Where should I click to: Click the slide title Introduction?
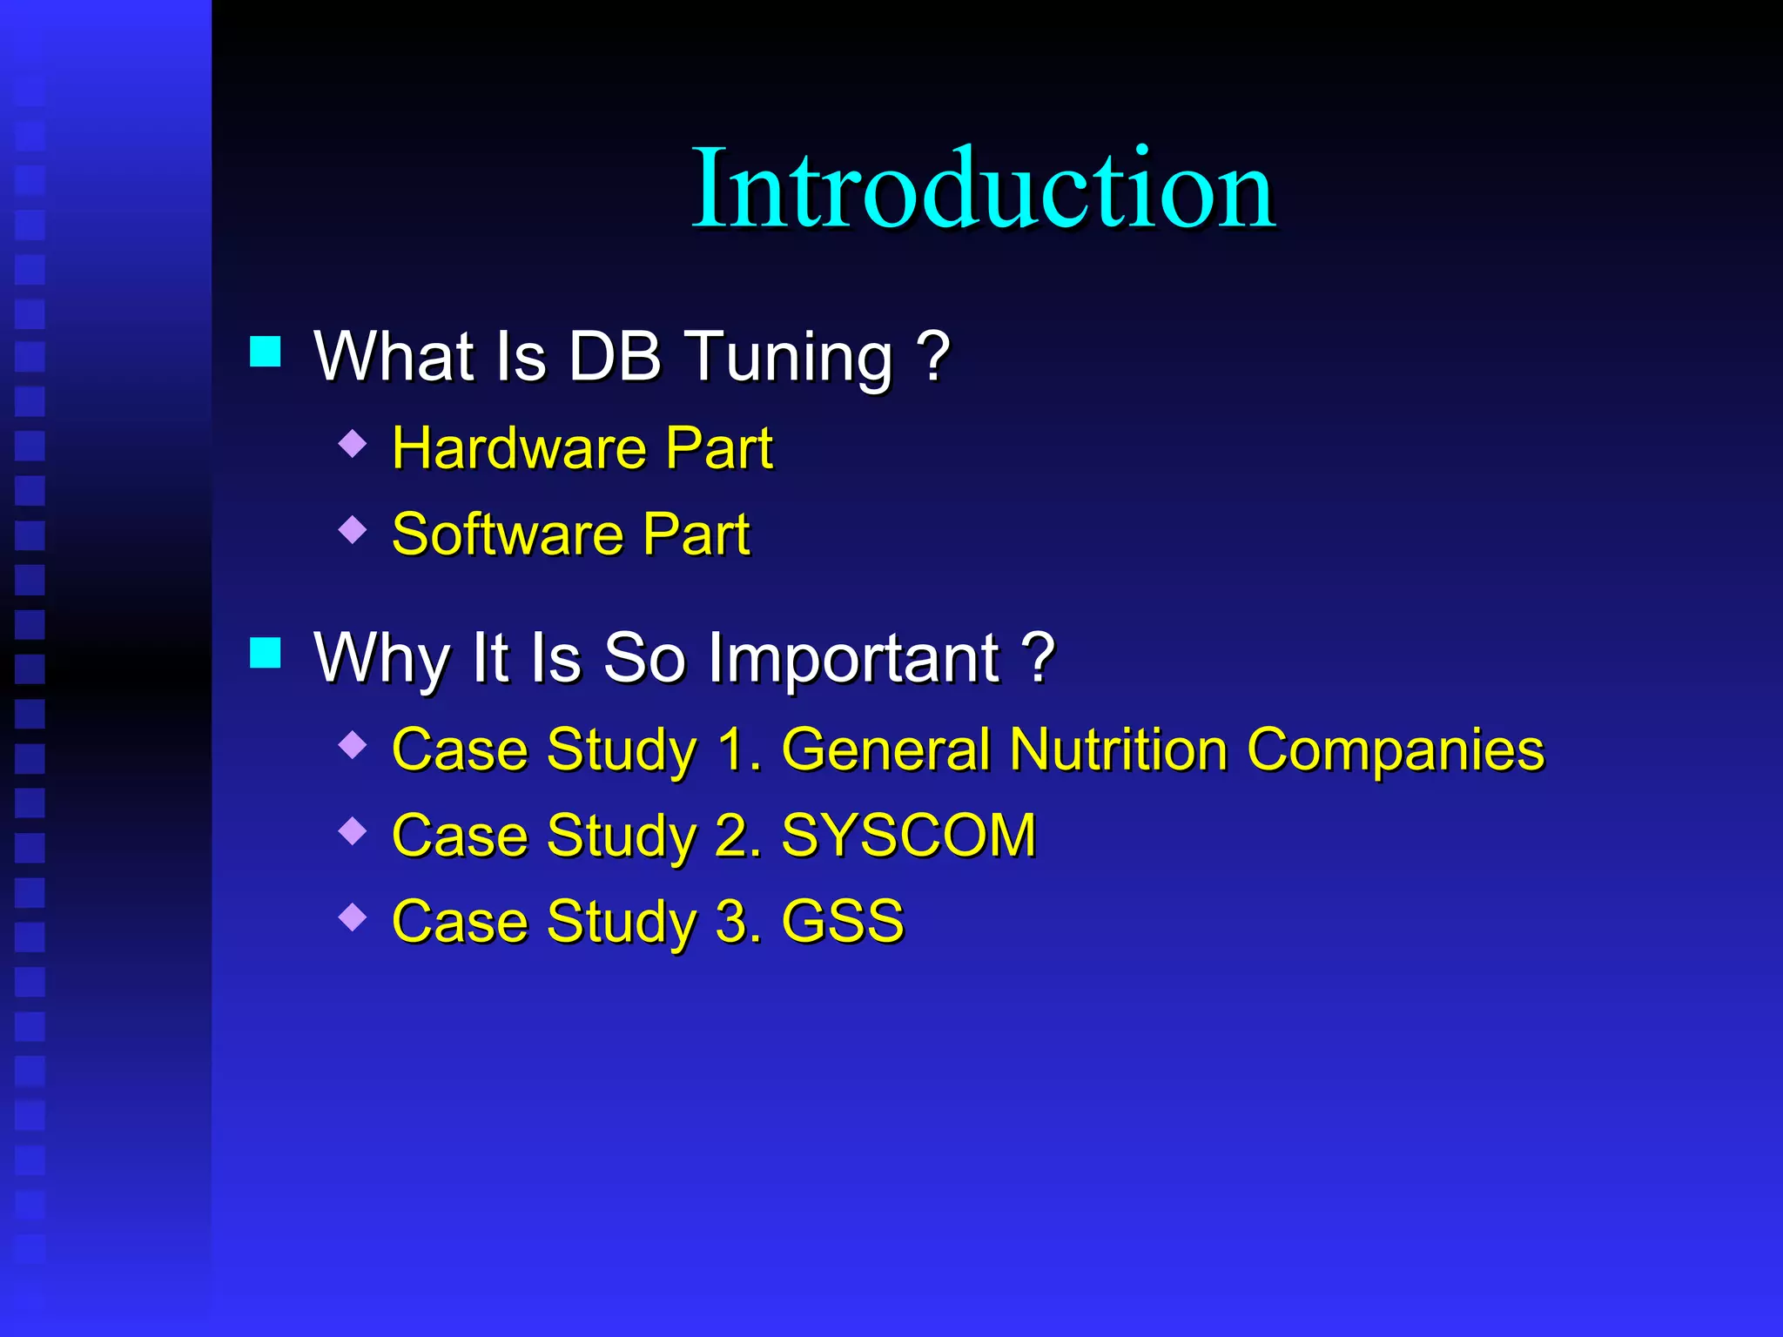983,189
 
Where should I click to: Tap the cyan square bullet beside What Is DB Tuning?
266,352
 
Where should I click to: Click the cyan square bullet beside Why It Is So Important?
266,652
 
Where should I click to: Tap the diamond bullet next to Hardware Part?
353,443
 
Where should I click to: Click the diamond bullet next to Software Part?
353,528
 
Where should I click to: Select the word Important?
853,659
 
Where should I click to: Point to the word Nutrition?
1118,749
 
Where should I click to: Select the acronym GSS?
843,920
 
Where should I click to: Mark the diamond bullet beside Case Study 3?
353,917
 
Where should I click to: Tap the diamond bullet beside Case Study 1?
353,745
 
